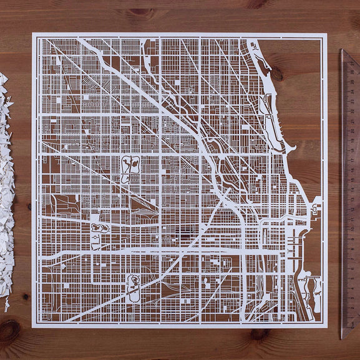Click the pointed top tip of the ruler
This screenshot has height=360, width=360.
[342, 51]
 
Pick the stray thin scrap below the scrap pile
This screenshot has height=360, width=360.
[6, 305]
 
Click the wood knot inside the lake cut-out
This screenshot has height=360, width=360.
[276, 74]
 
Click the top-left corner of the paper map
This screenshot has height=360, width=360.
[33, 34]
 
